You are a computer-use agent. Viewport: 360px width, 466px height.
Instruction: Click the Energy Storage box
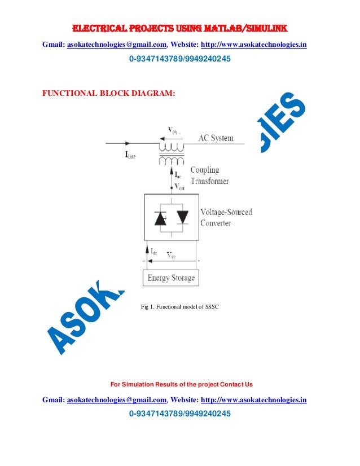(171, 278)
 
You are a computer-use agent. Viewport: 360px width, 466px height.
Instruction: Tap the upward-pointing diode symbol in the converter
(161, 218)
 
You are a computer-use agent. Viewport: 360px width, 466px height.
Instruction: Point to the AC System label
(216, 138)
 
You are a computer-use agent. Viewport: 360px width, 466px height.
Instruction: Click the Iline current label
(130, 156)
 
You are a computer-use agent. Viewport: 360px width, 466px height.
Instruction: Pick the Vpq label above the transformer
(173, 130)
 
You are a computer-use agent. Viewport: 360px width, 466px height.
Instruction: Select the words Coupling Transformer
(209, 175)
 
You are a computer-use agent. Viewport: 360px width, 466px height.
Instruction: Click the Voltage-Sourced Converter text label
(226, 217)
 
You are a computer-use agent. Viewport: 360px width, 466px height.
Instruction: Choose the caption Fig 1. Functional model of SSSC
(179, 307)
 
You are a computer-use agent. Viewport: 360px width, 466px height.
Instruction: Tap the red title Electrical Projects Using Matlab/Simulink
(179, 28)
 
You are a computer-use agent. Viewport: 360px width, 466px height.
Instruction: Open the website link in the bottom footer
(254, 399)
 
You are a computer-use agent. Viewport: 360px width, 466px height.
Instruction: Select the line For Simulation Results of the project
(181, 385)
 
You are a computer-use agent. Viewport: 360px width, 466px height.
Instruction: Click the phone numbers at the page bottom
(180, 414)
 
